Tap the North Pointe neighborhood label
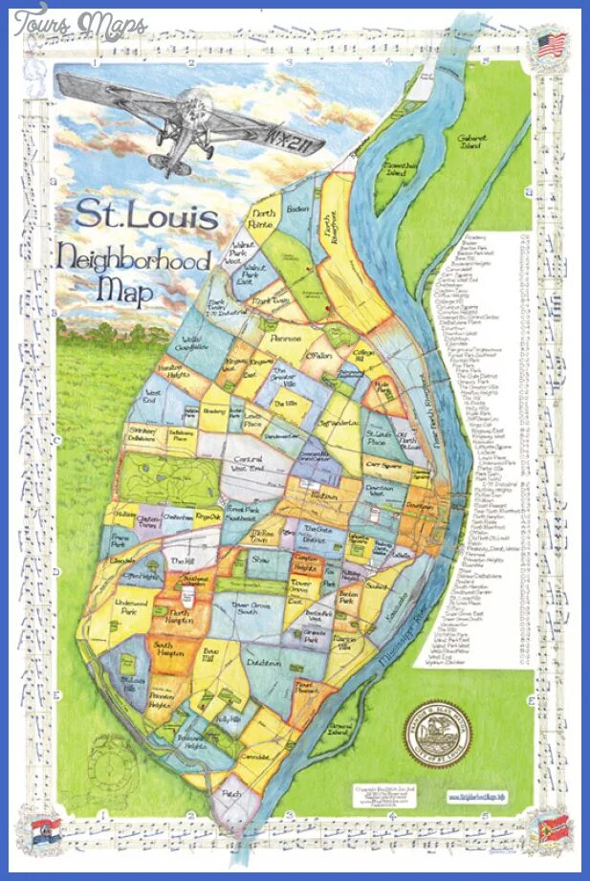pos(262,218)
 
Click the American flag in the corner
pos(550,45)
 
